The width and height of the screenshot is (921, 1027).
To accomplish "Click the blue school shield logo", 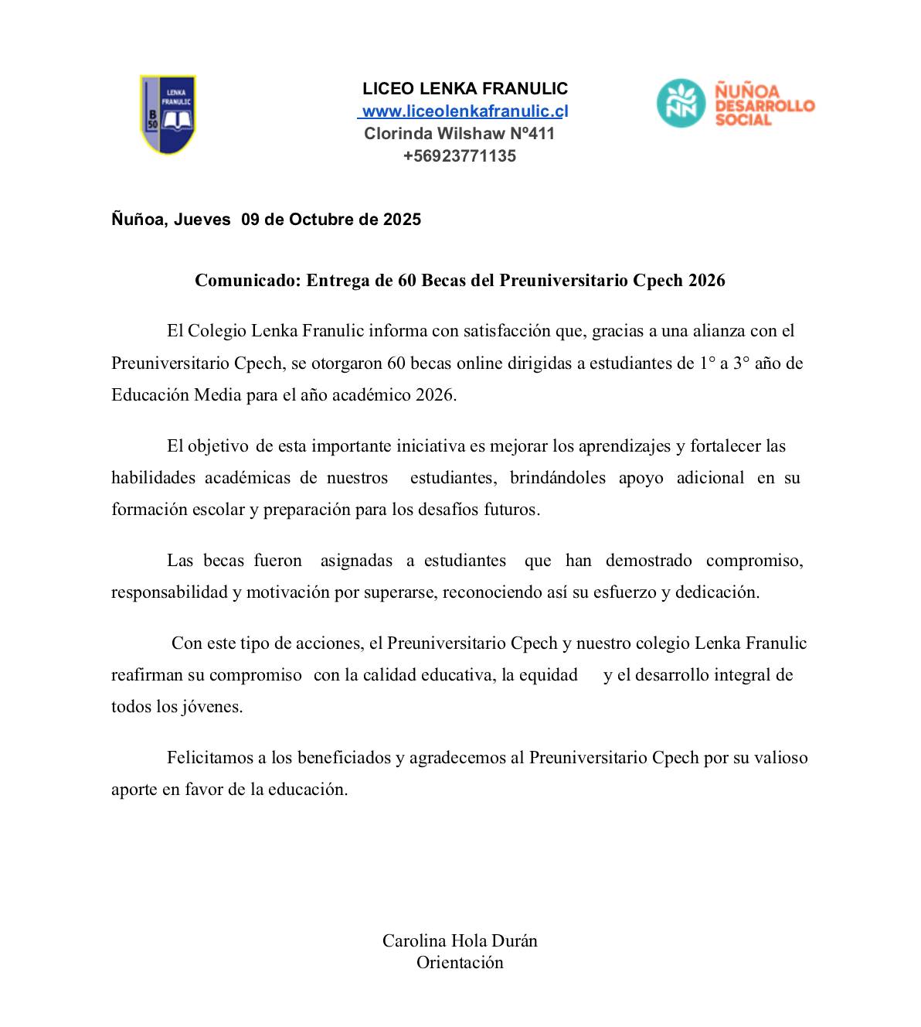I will click(x=168, y=114).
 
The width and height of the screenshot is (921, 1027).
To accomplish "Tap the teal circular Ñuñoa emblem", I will click(x=681, y=103).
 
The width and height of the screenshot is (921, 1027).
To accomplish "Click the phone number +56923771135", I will click(x=460, y=156).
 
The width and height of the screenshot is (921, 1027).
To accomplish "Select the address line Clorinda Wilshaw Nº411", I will click(x=460, y=133).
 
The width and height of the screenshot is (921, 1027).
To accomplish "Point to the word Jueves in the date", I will click(x=202, y=219).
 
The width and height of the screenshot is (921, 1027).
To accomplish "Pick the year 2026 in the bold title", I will click(x=706, y=280).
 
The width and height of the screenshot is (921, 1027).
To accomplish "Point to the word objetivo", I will click(x=219, y=446).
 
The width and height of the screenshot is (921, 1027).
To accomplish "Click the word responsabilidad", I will click(x=169, y=592).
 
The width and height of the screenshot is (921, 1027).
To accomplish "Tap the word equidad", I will click(x=549, y=675).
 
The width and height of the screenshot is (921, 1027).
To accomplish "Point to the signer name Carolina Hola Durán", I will click(x=460, y=940).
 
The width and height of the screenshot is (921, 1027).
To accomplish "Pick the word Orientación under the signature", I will click(x=460, y=963).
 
